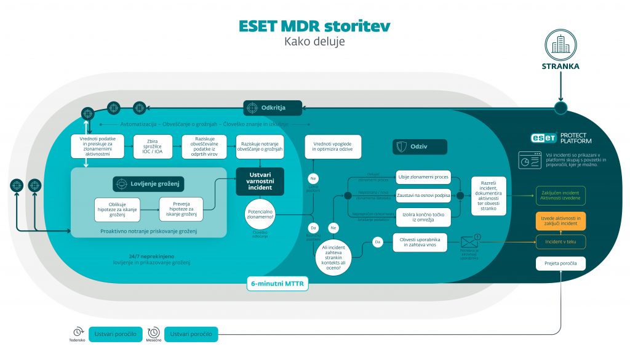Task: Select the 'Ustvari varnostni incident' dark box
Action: click(x=260, y=182)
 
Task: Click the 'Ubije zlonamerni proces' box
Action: click(x=423, y=177)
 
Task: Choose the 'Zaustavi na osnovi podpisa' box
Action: click(x=423, y=195)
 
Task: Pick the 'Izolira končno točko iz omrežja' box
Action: click(x=423, y=217)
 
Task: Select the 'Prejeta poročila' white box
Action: click(x=560, y=264)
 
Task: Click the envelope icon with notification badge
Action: click(x=469, y=242)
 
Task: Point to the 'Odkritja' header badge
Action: click(x=273, y=108)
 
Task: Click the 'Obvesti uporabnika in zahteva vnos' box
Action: click(x=419, y=242)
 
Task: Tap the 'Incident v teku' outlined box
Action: click(x=560, y=242)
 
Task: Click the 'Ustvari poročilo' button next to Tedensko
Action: click(x=116, y=334)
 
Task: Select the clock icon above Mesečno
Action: click(x=154, y=332)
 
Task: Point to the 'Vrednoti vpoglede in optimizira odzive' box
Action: click(x=333, y=147)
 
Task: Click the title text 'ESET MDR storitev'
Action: click(x=314, y=26)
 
